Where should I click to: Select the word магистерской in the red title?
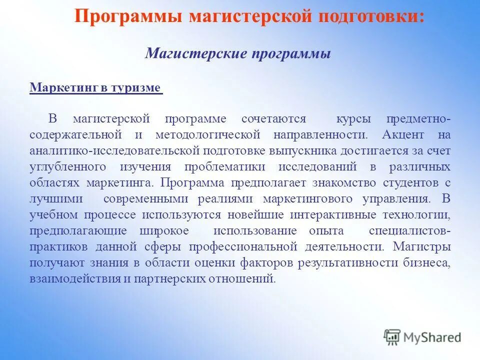[x=250, y=16]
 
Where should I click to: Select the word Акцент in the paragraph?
[x=403, y=135]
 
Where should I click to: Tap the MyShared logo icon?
[x=392, y=337]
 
